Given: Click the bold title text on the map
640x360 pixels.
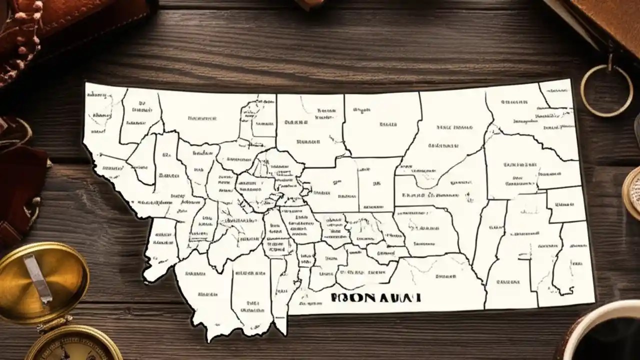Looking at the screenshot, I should click(x=375, y=297).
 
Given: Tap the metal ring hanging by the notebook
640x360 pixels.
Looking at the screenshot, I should click(x=606, y=90).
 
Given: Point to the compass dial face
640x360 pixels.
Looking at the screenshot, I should click(x=75, y=350).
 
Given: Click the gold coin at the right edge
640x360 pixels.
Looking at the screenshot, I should click(x=632, y=192).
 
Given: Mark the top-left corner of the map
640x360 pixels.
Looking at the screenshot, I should click(x=86, y=83).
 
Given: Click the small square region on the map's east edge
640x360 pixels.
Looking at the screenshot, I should click(x=566, y=204).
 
